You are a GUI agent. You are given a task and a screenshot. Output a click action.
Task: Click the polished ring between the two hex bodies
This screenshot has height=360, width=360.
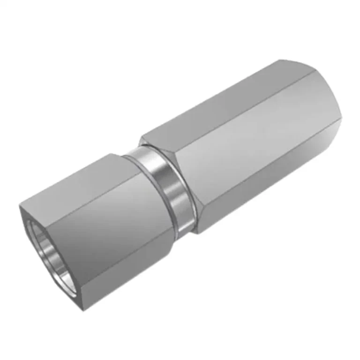click(x=169, y=187)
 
